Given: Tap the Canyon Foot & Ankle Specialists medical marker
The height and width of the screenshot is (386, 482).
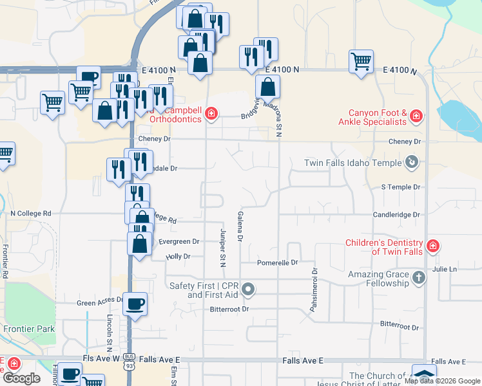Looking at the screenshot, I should coord(416,116).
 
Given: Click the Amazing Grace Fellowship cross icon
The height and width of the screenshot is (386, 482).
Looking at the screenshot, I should coord(419,278).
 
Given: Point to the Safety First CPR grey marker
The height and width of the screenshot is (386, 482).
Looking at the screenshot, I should coord(247,289).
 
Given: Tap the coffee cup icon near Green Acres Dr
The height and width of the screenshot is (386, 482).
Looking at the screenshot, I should coord(135,304).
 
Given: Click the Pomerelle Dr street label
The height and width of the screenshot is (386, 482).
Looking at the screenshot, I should coord(278,262).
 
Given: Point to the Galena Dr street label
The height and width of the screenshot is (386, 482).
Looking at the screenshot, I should coord(240,226).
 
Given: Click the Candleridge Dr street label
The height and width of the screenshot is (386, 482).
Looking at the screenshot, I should coord(396,214).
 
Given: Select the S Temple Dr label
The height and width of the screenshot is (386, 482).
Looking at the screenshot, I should coord(400,187).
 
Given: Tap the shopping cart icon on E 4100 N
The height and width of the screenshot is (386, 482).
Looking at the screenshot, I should coord(361,62).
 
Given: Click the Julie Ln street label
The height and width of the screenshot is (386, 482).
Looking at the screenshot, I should coord(445,269).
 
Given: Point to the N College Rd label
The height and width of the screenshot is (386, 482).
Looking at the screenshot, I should coord(30,213).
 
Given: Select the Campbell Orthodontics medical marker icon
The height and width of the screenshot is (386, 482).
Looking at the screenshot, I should coord(211,115).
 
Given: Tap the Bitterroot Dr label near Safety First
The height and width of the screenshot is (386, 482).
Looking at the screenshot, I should coord(229,309).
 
